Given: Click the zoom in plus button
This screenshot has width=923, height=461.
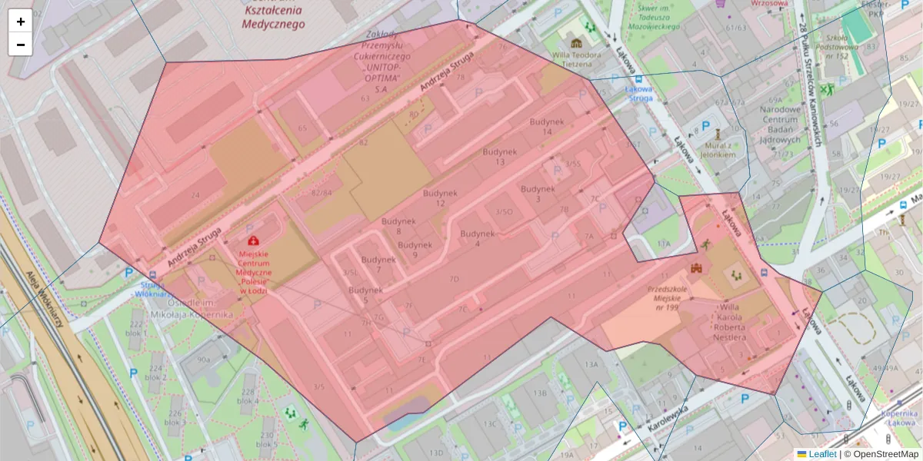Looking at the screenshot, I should [20, 22].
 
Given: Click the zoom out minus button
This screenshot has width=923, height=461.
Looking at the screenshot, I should [20, 45].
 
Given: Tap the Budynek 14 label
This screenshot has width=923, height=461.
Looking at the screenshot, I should [547, 127].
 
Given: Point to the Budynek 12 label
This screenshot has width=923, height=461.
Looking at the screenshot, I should [440, 197].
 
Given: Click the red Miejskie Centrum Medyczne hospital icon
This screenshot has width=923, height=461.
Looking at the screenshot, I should [253, 241].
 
